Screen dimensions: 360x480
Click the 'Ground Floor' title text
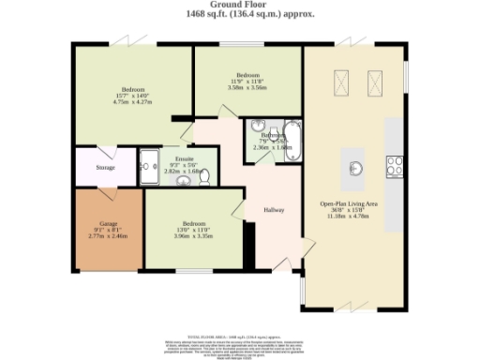(x=239, y=6)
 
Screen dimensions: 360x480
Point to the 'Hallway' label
(x=274, y=210)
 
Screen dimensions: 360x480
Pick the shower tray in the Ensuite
(x=149, y=166)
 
